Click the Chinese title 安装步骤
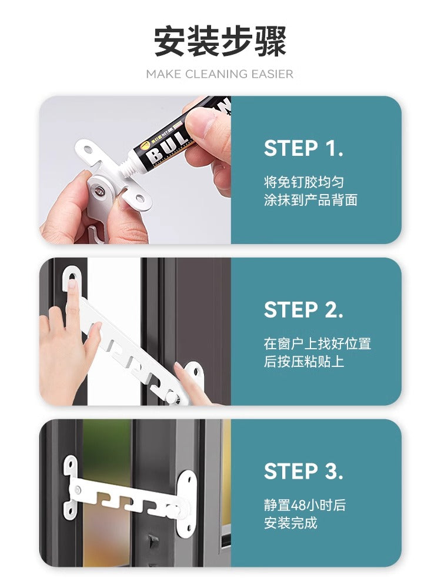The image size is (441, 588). pos(220,41)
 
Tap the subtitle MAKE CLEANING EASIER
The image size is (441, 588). pos(220,74)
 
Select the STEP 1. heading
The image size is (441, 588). pos(303,148)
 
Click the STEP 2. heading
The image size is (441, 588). pos(303,310)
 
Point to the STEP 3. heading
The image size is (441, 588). pos(303,472)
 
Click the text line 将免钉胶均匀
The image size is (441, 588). pos(304,182)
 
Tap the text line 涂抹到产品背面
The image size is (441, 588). pos(310,200)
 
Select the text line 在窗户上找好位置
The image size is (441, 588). pos(318,343)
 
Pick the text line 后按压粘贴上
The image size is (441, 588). pos(304,362)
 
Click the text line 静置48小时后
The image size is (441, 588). pos(305,505)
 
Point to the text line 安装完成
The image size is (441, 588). pos(290,523)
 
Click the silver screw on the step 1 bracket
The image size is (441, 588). pos(100,192)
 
